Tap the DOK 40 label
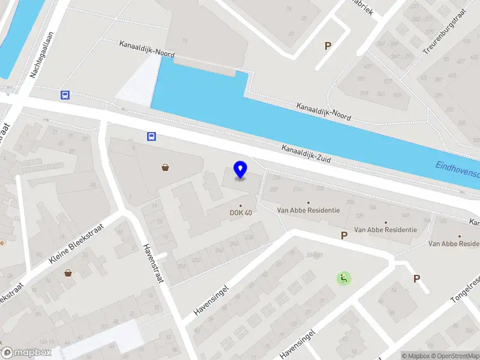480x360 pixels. click(241, 212)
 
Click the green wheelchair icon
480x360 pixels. click(343, 278)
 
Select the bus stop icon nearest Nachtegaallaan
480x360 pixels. click(65, 95)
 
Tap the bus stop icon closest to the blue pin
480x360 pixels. click(152, 136)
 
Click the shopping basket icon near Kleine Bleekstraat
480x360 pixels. click(68, 273)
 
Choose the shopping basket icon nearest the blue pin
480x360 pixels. click(165, 168)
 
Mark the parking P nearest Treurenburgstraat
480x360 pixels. click(328, 46)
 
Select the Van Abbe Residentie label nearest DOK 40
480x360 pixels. click(308, 211)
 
